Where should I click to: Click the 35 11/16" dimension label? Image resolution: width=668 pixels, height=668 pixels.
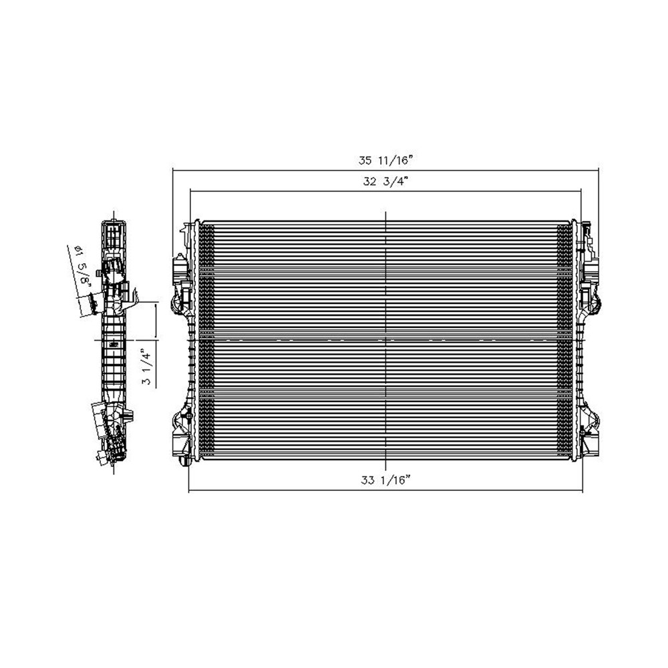(x=386, y=160)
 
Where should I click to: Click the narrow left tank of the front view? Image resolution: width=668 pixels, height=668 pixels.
(x=194, y=341)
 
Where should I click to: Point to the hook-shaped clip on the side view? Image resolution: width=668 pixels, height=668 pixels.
(x=134, y=294)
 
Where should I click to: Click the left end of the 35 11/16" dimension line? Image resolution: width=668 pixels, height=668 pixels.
(x=173, y=170)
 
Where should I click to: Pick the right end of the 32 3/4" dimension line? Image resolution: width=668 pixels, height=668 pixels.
(x=582, y=190)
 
